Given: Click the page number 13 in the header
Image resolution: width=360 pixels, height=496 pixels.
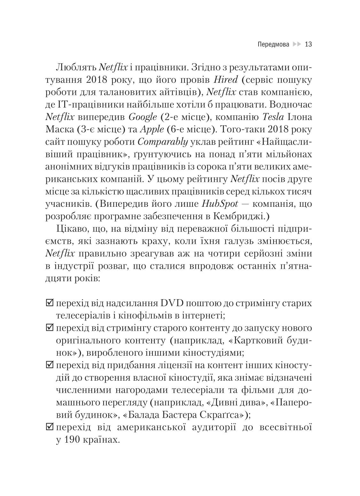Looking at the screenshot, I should [x=308, y=44].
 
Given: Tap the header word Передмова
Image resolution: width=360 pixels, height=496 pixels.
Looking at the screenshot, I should [x=273, y=44].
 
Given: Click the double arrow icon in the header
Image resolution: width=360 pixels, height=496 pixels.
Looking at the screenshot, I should [x=297, y=44].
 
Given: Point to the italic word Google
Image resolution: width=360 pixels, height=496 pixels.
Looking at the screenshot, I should [x=143, y=117].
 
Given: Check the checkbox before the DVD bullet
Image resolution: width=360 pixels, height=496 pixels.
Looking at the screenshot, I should [x=50, y=303].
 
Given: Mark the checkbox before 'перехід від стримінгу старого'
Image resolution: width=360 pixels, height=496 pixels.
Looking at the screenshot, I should [x=50, y=328].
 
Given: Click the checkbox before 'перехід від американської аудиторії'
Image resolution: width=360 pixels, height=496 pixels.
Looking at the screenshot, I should [x=50, y=427].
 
